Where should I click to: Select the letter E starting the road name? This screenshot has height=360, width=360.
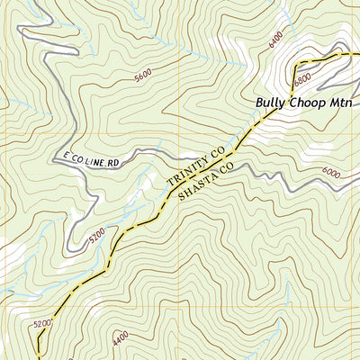click(x=66, y=158)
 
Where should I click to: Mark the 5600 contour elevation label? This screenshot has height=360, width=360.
click(x=142, y=76)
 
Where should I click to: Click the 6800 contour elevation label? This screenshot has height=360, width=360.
click(x=301, y=77)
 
